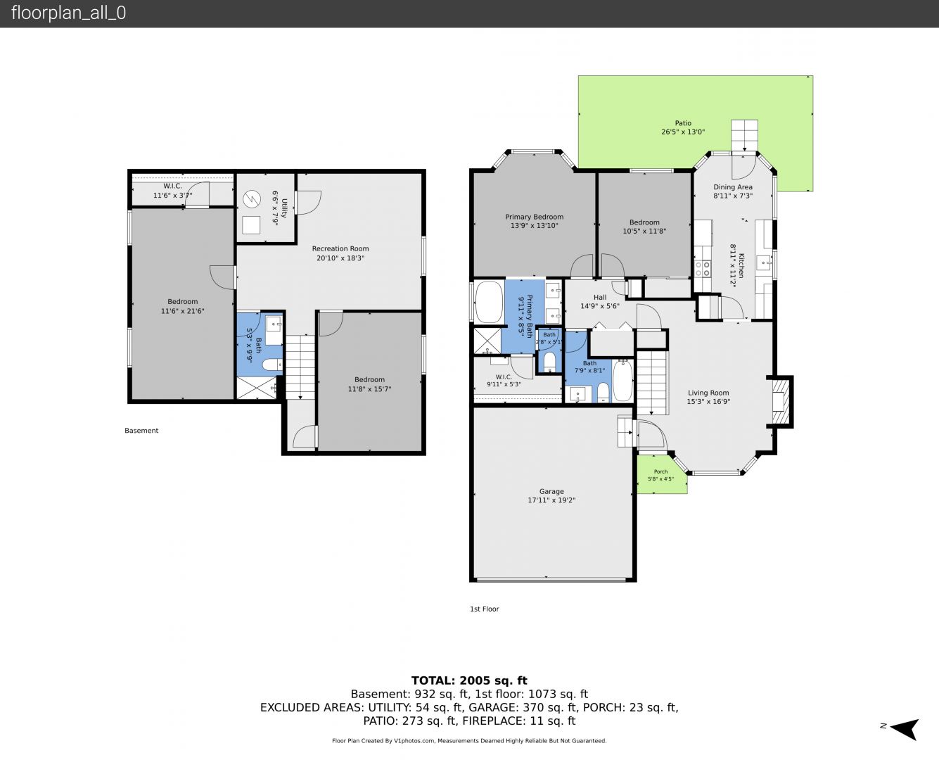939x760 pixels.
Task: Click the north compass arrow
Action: pyautogui.click(x=905, y=728)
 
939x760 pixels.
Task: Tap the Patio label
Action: pyautogui.click(x=683, y=123)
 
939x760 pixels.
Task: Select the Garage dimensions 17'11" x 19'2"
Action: pyautogui.click(x=551, y=500)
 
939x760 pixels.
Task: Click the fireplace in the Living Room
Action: pyautogui.click(x=779, y=401)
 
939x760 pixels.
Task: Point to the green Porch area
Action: pyautogui.click(x=661, y=474)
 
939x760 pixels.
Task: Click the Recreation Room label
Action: pyautogui.click(x=340, y=248)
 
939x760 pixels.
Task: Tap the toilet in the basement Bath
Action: pyautogui.click(x=272, y=365)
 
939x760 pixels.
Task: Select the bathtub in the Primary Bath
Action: pyautogui.click(x=488, y=302)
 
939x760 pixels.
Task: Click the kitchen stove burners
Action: pyautogui.click(x=703, y=269)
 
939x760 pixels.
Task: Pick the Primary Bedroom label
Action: pyautogui.click(x=535, y=217)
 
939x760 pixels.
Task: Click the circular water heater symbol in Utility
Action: pyautogui.click(x=252, y=198)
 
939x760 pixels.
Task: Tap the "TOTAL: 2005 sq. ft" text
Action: pyautogui.click(x=469, y=680)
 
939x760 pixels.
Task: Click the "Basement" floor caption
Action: pyautogui.click(x=141, y=431)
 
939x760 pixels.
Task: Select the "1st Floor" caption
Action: pyautogui.click(x=485, y=609)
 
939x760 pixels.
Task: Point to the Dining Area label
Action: pyautogui.click(x=733, y=187)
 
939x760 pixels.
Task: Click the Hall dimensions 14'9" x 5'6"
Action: pyautogui.click(x=600, y=305)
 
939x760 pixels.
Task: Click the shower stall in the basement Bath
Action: pyautogui.click(x=257, y=388)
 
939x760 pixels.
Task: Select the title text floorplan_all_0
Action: pyautogui.click(x=69, y=13)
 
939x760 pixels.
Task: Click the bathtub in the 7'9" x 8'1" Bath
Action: pyautogui.click(x=623, y=381)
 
